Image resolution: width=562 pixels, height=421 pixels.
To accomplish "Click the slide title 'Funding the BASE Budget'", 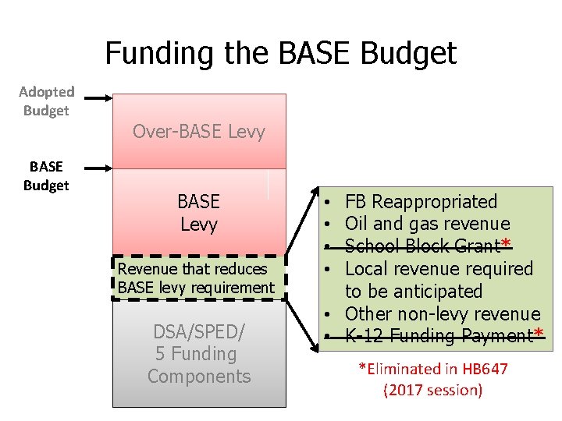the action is [x=280, y=53].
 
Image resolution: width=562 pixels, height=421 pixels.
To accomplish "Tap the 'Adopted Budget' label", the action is [x=46, y=101].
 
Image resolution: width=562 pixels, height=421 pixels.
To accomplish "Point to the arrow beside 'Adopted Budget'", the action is [x=98, y=98].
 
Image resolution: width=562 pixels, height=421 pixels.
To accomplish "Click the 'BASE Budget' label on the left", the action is [x=46, y=175].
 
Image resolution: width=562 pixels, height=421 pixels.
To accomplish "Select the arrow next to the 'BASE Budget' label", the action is [x=98, y=167].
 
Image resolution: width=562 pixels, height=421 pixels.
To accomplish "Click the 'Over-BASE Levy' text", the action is [x=199, y=132].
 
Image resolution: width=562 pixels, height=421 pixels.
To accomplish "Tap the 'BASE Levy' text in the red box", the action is [x=198, y=213].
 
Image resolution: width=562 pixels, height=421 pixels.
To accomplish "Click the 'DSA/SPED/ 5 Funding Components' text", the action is [x=199, y=354].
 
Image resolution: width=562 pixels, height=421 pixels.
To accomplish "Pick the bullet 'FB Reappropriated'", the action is [x=421, y=201].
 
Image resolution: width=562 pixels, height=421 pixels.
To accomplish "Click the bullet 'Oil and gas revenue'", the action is [x=427, y=224].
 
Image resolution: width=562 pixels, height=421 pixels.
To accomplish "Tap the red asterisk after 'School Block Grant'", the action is [x=506, y=245].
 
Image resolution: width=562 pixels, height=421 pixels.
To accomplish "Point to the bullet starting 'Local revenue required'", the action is [x=439, y=269].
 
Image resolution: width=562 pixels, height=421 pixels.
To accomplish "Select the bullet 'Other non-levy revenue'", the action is [x=442, y=313].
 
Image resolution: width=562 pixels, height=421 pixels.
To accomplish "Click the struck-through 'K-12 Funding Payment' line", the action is [x=438, y=336].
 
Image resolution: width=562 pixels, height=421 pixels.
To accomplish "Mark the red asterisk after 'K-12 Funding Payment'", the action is [x=539, y=335].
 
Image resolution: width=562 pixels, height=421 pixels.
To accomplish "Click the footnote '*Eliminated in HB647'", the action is [x=432, y=369].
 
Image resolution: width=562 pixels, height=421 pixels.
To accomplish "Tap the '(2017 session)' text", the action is [x=432, y=390].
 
